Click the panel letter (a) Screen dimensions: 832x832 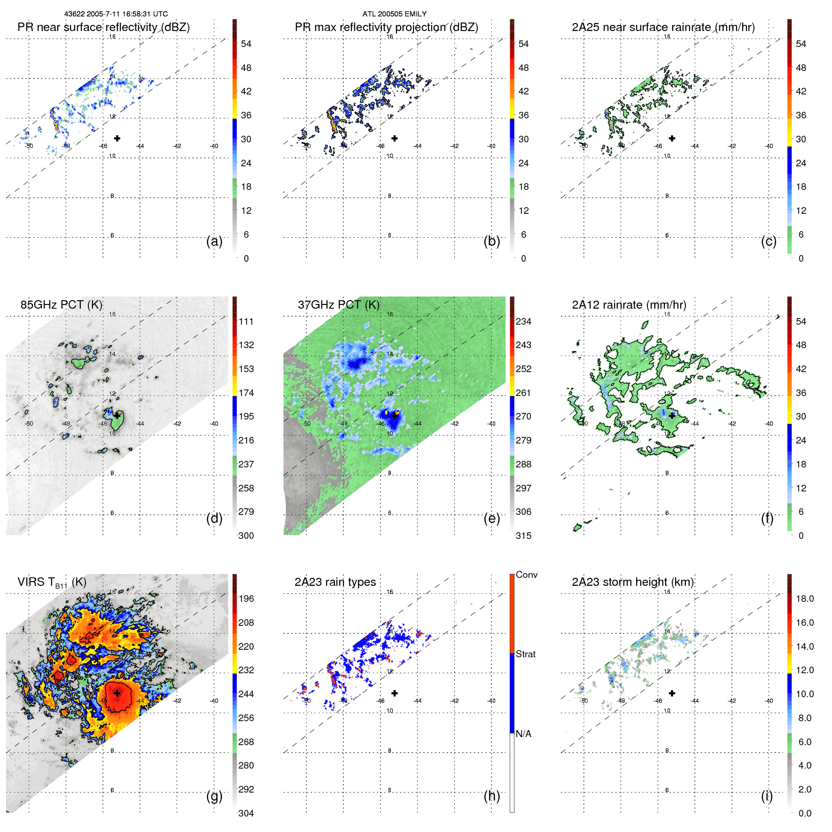click(x=214, y=241)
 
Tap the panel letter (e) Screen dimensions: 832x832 click(x=491, y=519)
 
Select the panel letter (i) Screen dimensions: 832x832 click(x=767, y=796)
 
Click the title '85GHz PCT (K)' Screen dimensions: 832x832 click(x=62, y=305)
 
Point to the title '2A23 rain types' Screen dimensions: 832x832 click(x=335, y=582)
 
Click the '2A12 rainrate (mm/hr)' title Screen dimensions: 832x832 click(x=629, y=305)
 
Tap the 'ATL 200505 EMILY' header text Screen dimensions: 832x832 click(x=394, y=14)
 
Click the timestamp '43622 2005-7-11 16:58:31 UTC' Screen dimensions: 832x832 click(x=116, y=14)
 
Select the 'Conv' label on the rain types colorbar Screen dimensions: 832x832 click(x=527, y=575)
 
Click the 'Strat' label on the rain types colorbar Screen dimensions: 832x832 click(x=526, y=654)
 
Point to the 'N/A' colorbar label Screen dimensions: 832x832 click(x=524, y=734)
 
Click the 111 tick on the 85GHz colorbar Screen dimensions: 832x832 click(x=246, y=322)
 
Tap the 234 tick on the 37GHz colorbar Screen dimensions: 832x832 click(x=523, y=322)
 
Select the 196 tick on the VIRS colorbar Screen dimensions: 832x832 click(x=246, y=599)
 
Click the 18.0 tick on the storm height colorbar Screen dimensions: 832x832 click(x=805, y=599)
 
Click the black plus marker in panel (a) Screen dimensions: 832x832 click(x=117, y=139)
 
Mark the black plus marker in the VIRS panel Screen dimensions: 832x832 click(x=117, y=693)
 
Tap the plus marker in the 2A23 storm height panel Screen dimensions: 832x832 click(x=672, y=693)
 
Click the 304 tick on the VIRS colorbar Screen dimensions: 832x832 click(x=246, y=813)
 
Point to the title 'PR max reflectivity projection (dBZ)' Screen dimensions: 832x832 click(x=386, y=27)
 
